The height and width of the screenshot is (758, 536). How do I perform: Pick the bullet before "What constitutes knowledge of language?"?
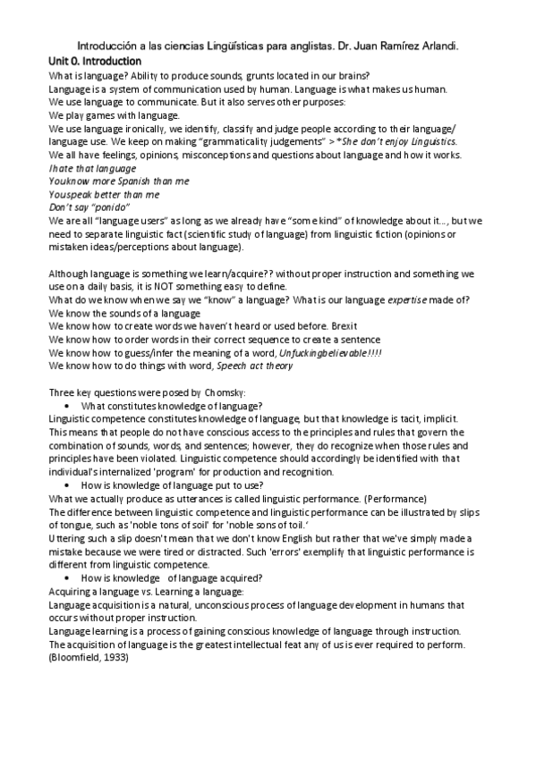tap(68, 406)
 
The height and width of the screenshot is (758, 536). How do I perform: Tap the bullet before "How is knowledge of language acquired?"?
tap(68, 578)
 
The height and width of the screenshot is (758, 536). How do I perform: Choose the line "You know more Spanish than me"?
tap(119, 181)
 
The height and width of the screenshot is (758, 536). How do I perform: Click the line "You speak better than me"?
tap(104, 194)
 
